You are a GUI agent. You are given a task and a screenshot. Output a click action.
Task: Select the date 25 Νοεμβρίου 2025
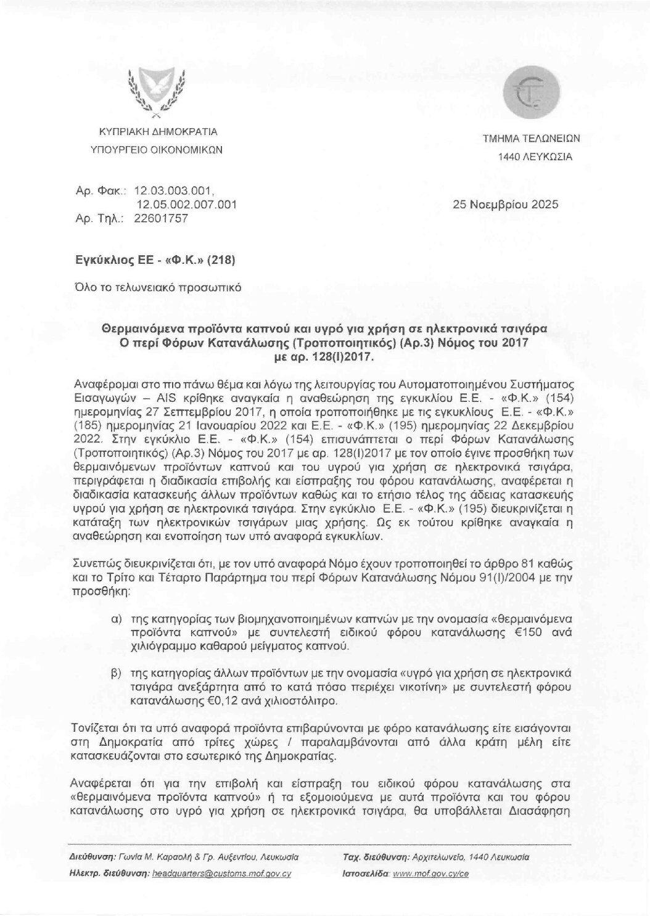click(505, 205)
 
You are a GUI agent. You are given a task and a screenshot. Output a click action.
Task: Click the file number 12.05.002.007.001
click(186, 205)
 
